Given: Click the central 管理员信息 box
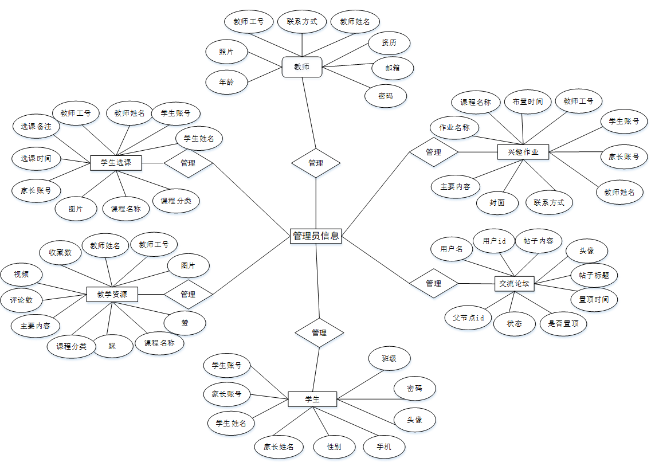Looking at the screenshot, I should click(x=316, y=235).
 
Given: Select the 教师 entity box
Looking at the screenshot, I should click(x=302, y=66).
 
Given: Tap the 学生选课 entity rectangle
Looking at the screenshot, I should click(x=116, y=163).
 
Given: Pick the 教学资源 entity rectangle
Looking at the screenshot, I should click(x=112, y=295).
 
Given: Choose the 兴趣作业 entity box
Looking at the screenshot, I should click(x=523, y=152).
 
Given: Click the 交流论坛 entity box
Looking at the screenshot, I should click(x=514, y=283).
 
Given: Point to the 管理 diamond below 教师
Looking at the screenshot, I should click(x=316, y=163).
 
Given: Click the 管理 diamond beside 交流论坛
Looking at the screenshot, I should click(x=434, y=283).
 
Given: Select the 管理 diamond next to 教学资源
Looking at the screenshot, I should click(x=188, y=294).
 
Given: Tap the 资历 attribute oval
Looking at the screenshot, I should click(x=389, y=42).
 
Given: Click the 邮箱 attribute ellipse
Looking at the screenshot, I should click(x=393, y=68).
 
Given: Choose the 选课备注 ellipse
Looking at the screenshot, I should click(x=36, y=126).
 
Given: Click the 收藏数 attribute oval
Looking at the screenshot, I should click(x=60, y=252).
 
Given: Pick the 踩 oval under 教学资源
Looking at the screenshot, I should click(x=113, y=346).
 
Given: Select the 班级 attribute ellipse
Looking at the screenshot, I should click(x=389, y=359).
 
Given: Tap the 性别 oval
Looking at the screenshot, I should click(x=334, y=447).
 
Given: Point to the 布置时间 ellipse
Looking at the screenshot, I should click(x=528, y=102).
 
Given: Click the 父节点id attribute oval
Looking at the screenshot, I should click(x=468, y=318).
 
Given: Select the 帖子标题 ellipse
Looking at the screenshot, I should click(x=594, y=275).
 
